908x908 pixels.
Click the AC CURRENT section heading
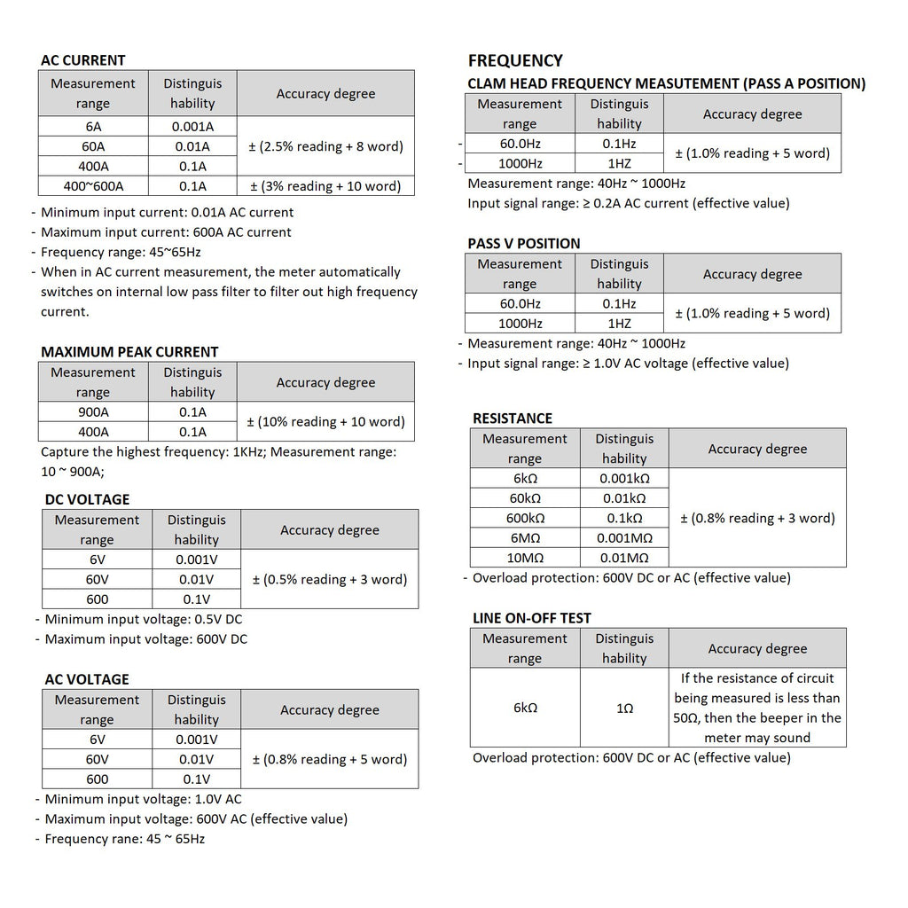pyautogui.click(x=82, y=60)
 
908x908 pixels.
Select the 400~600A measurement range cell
pyautogui.click(x=93, y=186)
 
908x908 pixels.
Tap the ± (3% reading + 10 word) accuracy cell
pyautogui.click(x=325, y=186)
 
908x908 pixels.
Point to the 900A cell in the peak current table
pyautogui.click(x=93, y=412)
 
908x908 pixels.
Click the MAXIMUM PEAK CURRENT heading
pyautogui.click(x=129, y=352)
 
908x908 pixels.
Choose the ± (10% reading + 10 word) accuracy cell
pyautogui.click(x=325, y=422)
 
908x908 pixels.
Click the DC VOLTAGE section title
pyautogui.click(x=87, y=499)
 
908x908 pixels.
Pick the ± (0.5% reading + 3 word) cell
pyautogui.click(x=330, y=580)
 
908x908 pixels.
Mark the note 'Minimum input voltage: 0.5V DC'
pyautogui.click(x=144, y=619)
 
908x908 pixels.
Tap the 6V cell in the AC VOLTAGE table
pyautogui.click(x=97, y=740)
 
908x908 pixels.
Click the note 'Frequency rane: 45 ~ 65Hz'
pyautogui.click(x=124, y=839)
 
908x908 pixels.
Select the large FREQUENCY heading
pyautogui.click(x=515, y=60)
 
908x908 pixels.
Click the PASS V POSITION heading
pyautogui.click(x=524, y=244)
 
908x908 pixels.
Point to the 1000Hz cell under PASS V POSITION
pyautogui.click(x=520, y=324)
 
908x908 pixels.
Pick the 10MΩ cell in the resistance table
pyautogui.click(x=525, y=558)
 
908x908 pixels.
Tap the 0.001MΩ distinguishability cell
pyautogui.click(x=624, y=538)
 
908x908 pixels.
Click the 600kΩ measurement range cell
pyautogui.click(x=525, y=519)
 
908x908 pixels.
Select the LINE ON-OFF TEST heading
pyautogui.click(x=532, y=618)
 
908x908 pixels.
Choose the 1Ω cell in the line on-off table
pyautogui.click(x=624, y=708)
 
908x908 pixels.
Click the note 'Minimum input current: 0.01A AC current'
pyautogui.click(x=167, y=213)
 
